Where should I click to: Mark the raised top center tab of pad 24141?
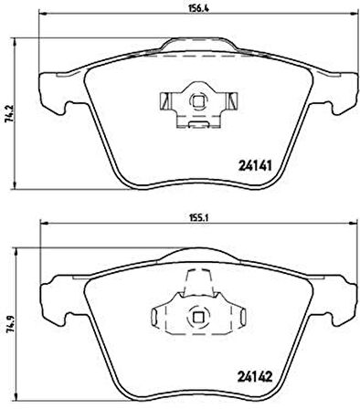click(x=195, y=44)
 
